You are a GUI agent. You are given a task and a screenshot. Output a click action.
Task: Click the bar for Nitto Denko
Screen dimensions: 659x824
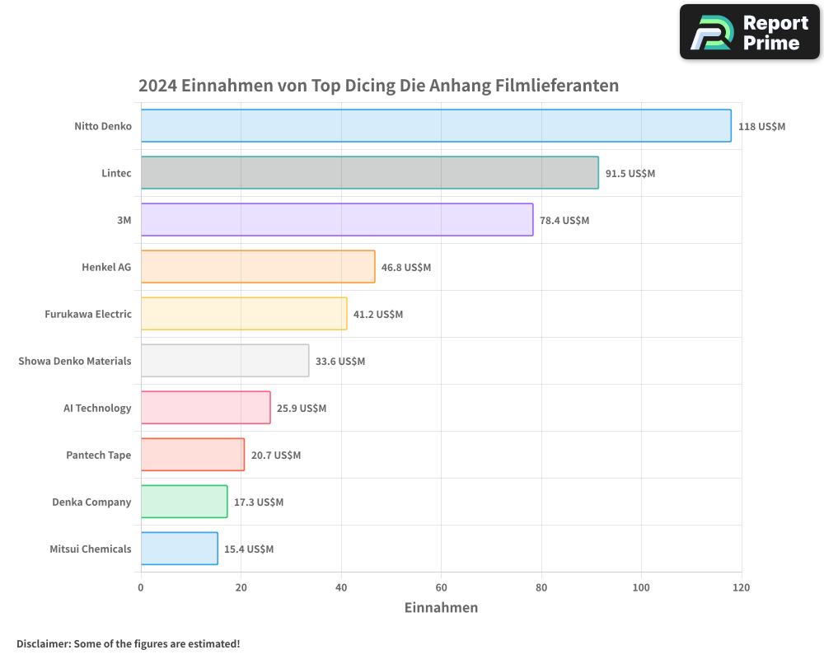click(436, 126)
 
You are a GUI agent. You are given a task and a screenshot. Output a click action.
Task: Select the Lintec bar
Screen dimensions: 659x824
click(369, 173)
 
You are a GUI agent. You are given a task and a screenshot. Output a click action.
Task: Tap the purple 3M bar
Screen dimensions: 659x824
click(337, 220)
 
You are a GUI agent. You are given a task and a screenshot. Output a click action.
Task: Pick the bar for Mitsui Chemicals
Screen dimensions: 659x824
click(179, 549)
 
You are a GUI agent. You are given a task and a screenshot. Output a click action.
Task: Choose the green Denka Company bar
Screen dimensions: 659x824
click(184, 502)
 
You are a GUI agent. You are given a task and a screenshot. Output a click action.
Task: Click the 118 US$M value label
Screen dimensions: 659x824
click(761, 127)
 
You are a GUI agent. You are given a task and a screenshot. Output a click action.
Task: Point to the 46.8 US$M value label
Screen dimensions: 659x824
click(405, 268)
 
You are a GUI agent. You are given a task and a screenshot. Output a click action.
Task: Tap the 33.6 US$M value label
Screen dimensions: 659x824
click(339, 362)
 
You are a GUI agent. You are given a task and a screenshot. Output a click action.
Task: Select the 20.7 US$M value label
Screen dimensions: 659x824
click(275, 456)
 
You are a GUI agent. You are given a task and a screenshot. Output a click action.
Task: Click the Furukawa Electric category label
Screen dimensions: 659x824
click(88, 314)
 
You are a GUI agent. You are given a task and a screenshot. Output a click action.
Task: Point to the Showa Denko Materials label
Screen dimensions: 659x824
click(75, 361)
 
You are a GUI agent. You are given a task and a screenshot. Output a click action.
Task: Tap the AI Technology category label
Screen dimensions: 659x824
click(97, 408)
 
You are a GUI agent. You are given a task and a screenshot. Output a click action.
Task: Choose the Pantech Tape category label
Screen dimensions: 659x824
click(98, 455)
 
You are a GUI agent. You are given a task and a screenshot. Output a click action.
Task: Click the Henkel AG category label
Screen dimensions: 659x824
click(106, 267)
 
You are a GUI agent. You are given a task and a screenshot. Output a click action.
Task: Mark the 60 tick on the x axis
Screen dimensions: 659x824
click(441, 587)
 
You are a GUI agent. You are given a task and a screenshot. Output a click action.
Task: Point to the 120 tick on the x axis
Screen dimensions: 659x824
click(741, 587)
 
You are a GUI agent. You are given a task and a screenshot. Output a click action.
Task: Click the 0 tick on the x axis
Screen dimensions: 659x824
click(141, 587)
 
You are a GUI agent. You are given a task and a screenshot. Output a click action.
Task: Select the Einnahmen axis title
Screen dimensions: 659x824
click(441, 608)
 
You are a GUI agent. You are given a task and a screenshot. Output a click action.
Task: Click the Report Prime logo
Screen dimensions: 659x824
click(749, 32)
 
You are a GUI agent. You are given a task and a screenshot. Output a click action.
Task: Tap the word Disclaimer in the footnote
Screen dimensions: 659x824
click(43, 643)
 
